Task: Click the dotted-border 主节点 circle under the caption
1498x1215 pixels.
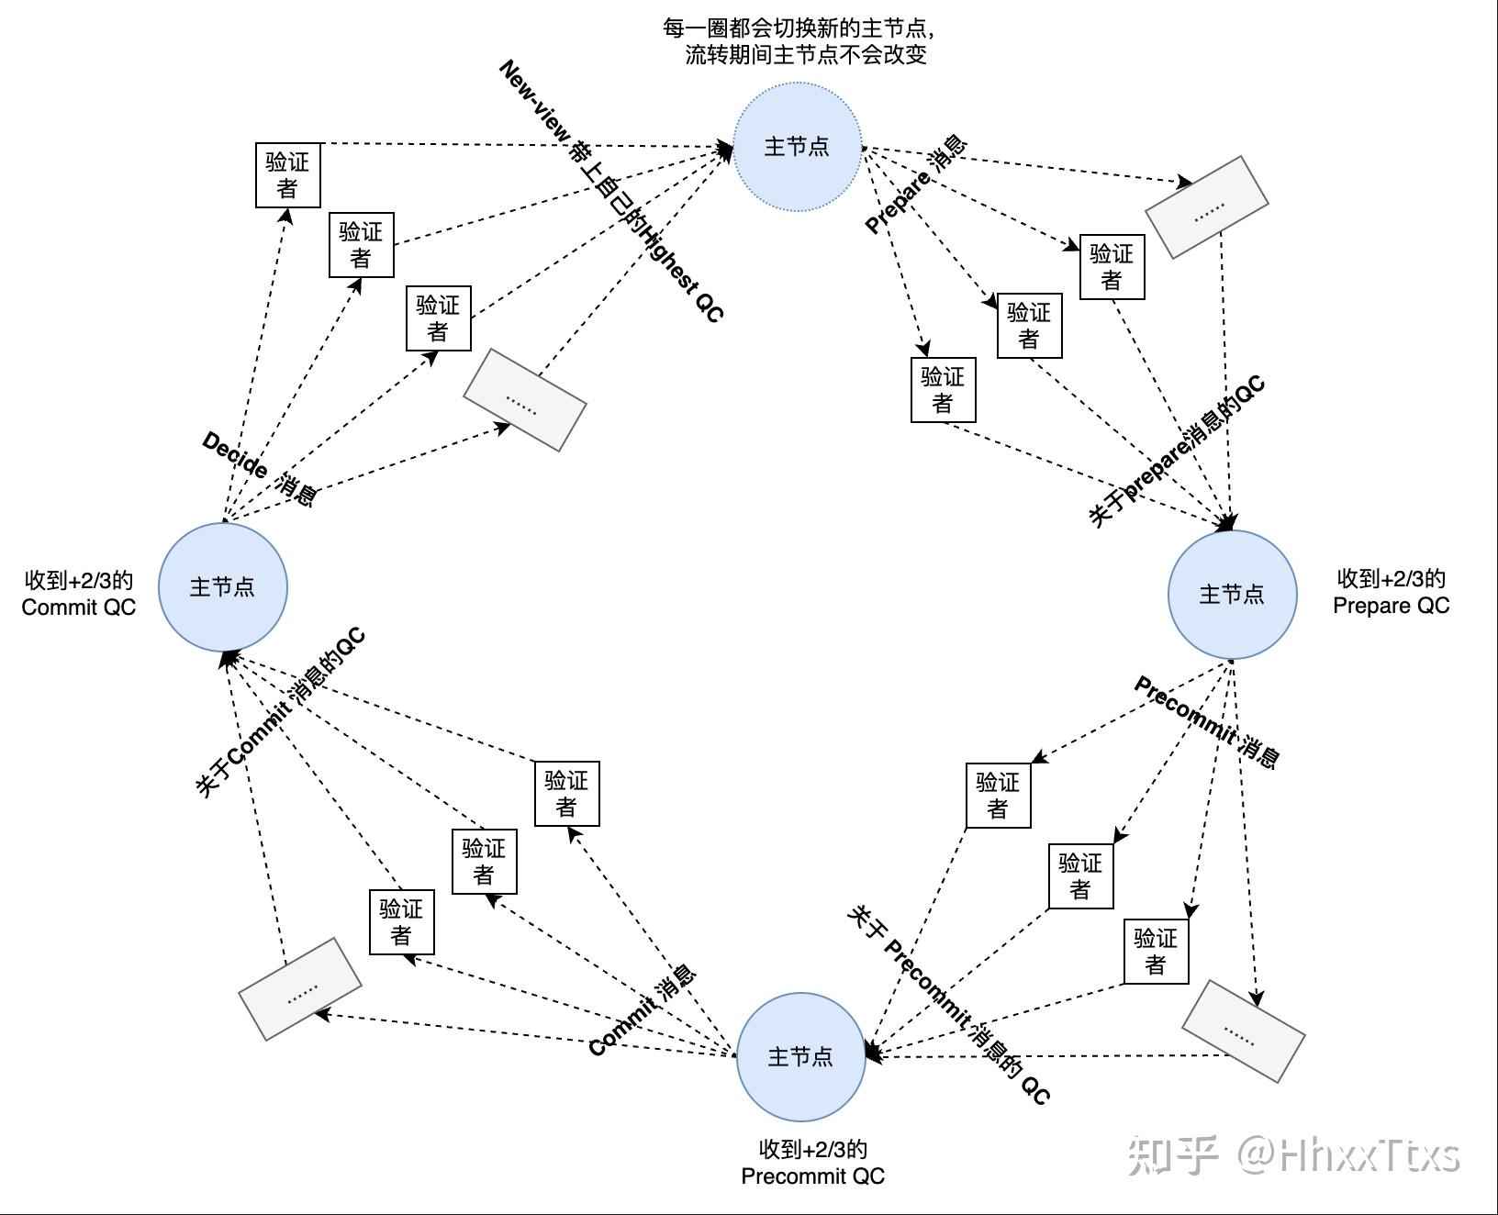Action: (x=797, y=147)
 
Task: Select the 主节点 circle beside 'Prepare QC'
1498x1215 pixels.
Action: (x=1232, y=595)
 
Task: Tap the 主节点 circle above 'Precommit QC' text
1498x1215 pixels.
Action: (x=801, y=1057)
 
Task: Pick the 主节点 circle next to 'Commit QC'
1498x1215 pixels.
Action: (x=223, y=587)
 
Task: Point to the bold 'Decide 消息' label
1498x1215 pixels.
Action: (x=260, y=469)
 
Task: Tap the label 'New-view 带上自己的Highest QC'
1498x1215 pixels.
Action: (x=611, y=191)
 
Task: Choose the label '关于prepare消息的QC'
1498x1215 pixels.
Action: (x=1178, y=451)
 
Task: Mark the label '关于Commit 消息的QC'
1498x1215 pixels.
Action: (x=281, y=712)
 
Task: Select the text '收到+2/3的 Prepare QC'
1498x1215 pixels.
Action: (x=1392, y=592)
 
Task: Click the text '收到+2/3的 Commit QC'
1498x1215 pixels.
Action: (x=79, y=594)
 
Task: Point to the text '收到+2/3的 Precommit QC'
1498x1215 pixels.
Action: (x=813, y=1163)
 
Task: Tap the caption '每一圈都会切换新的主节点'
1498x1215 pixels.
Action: (x=799, y=28)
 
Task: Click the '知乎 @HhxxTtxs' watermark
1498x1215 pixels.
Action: (x=1293, y=1154)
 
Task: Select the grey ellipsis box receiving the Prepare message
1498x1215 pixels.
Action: (x=1207, y=207)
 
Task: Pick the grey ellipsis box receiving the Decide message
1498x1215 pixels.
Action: (x=525, y=400)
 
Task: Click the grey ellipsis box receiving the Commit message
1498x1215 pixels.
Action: (x=300, y=989)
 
